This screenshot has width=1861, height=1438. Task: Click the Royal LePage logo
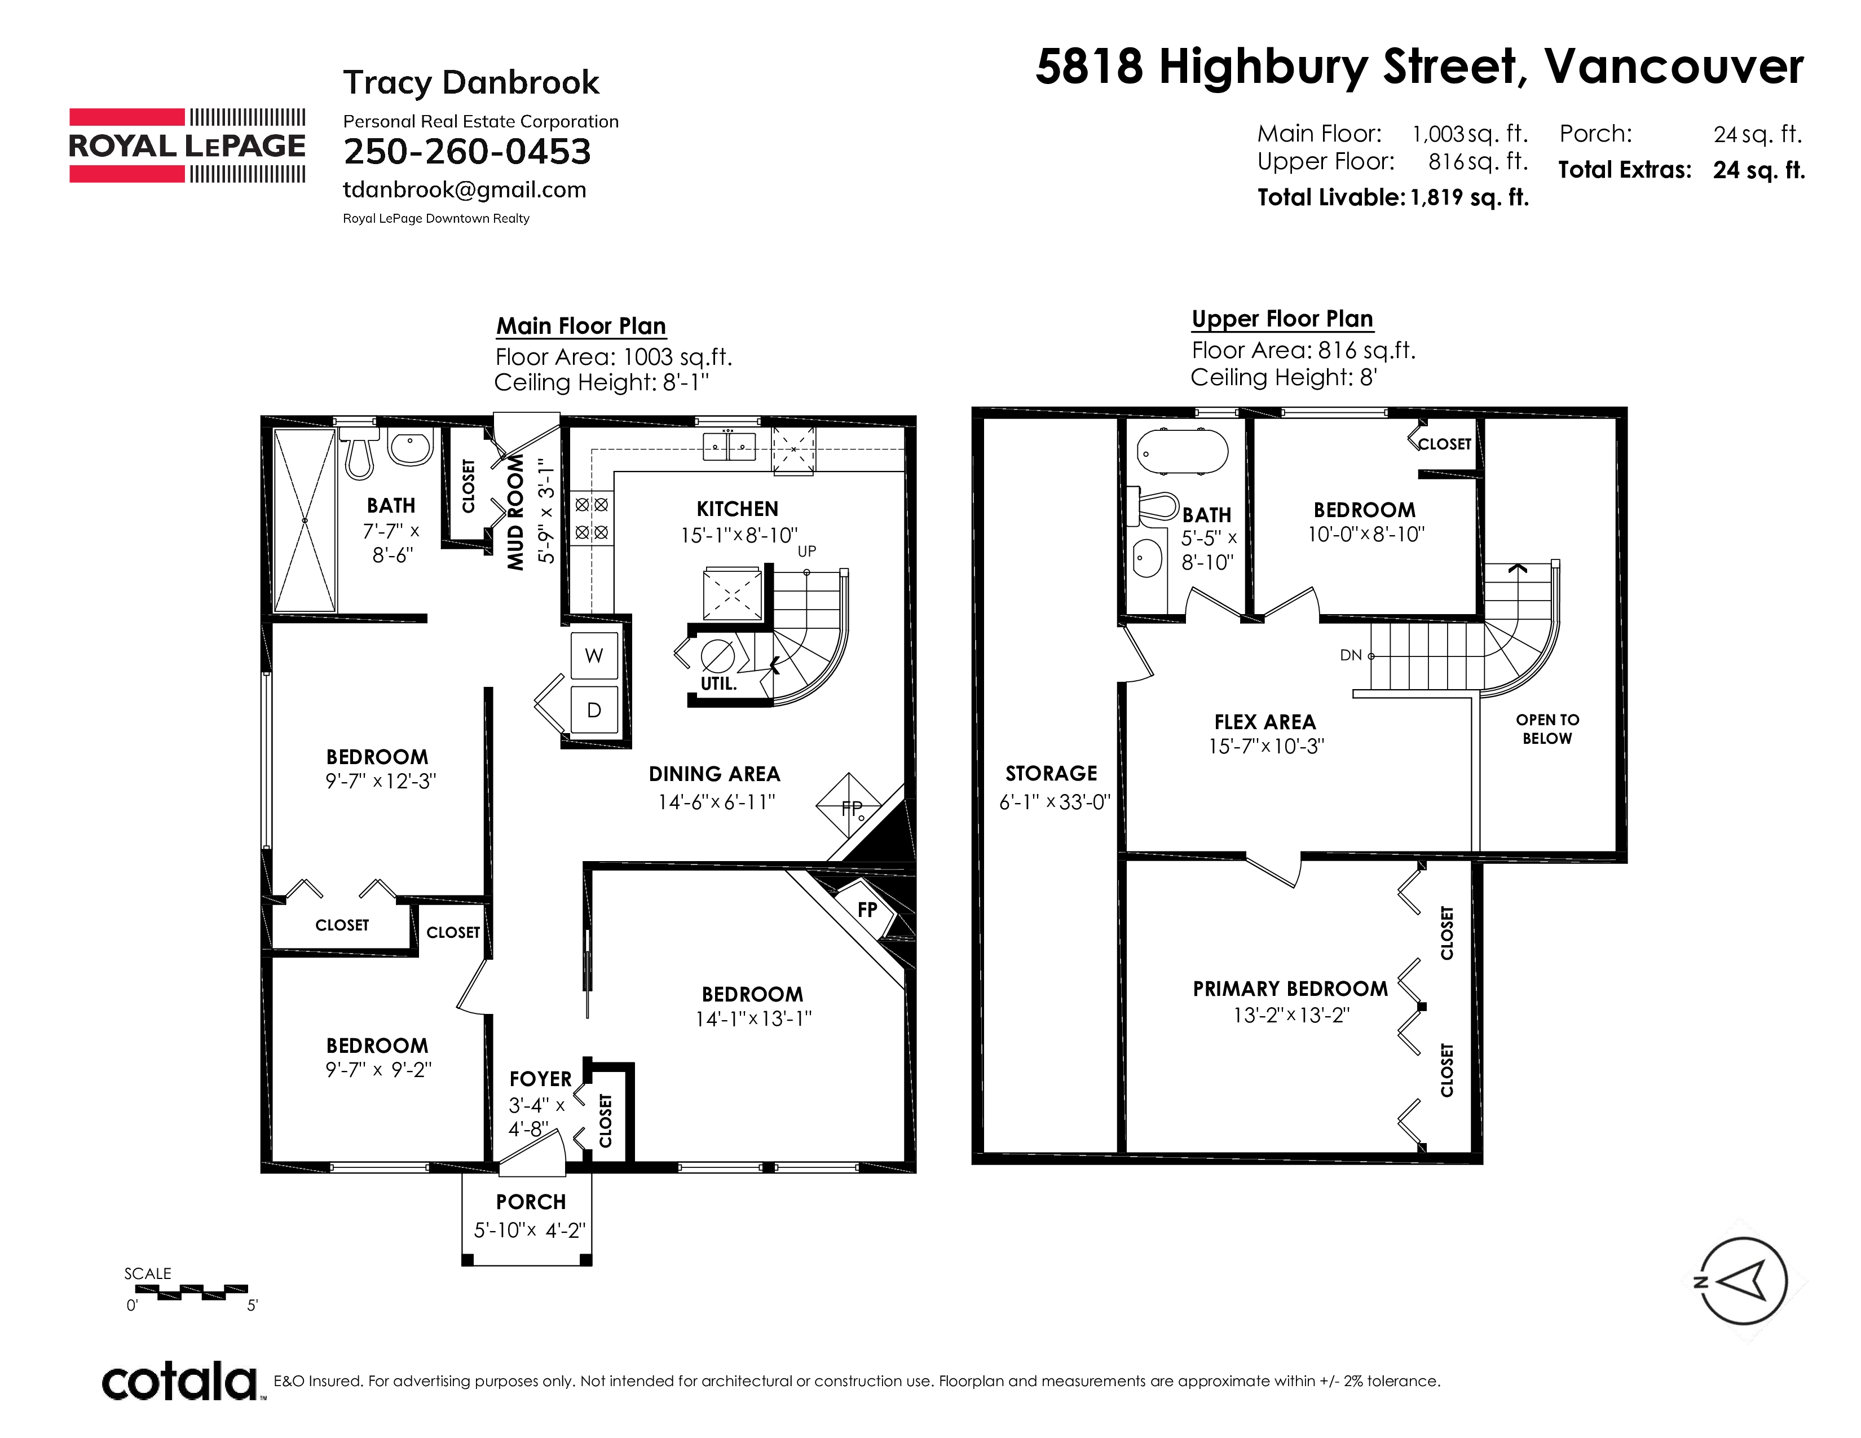(187, 145)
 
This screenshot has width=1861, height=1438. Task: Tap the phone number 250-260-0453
(467, 152)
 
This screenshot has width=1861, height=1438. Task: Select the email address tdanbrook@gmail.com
(464, 190)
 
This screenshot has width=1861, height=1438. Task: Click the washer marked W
(594, 655)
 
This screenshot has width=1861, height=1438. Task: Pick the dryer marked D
(594, 709)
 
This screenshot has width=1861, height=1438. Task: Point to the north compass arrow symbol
(1743, 1281)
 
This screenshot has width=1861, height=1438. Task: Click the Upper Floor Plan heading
(1282, 319)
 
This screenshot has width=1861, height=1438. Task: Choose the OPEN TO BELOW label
(1547, 729)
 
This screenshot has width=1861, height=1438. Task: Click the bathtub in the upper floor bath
(1183, 451)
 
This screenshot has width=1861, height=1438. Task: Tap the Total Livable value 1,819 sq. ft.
(1470, 197)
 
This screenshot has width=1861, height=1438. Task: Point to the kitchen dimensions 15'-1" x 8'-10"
(739, 535)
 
